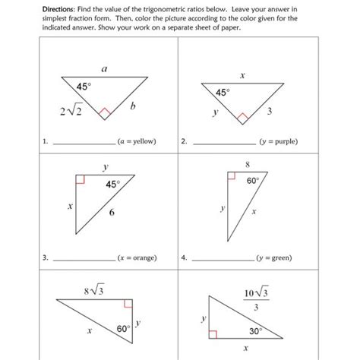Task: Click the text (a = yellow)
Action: (137, 141)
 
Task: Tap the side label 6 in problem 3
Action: (112, 213)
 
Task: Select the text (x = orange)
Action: (137, 257)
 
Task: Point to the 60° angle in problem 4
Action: (253, 182)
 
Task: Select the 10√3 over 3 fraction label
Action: (254, 299)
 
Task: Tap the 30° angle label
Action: (256, 331)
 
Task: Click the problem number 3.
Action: (45, 257)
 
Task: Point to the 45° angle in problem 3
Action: (112, 185)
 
